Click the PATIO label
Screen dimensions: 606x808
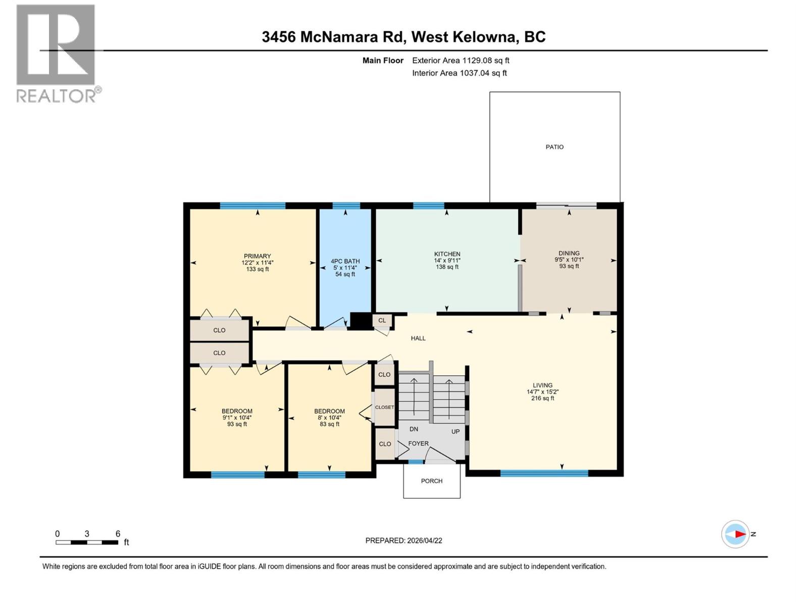pos(554,147)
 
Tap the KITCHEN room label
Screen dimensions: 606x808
pos(447,254)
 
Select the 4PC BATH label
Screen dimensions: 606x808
pos(345,262)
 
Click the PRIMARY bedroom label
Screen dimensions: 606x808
pos(257,256)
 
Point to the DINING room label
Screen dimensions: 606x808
pos(569,253)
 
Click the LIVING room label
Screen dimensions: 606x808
pos(542,385)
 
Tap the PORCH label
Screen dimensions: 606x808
pos(431,481)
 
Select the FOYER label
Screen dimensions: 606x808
pos(418,443)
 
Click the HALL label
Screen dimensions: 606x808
pos(418,338)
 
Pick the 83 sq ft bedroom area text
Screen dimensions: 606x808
pos(329,424)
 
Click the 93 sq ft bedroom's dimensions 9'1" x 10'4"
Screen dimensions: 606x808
pos(237,418)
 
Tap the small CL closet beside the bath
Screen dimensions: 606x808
pos(382,320)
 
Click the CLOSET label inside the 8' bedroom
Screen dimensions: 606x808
pos(384,407)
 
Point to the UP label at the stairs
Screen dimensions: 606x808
pos(455,432)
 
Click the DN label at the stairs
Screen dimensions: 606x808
pos(414,429)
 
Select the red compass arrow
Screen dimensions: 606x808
pos(739,534)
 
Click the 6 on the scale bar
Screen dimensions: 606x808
pos(118,534)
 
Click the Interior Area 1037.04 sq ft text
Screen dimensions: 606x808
pos(459,73)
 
